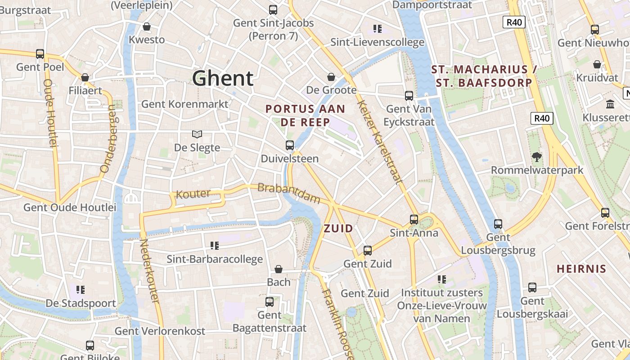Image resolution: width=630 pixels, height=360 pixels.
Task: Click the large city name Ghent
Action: pos(223,78)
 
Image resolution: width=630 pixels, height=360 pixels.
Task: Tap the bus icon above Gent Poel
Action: pos(40,54)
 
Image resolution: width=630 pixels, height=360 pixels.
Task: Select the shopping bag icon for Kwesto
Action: pos(146,27)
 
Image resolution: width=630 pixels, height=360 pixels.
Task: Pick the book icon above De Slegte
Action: pos(197,134)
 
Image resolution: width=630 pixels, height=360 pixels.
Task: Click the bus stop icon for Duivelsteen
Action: pos(290,145)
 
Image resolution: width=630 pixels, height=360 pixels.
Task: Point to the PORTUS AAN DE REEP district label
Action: pos(305,115)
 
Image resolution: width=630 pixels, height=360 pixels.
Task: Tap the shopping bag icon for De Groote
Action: pos(331,77)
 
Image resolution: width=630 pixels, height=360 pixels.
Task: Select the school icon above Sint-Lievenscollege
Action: pos(378,29)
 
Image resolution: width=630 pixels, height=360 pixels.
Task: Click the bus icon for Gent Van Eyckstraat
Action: pos(409,95)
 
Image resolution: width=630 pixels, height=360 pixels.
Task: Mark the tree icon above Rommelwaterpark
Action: pos(536,157)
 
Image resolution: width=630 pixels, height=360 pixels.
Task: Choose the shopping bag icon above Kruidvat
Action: pos(597,64)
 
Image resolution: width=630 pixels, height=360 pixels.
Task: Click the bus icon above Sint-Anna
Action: pos(414,220)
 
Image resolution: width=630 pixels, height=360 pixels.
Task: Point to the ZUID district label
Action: pos(338,229)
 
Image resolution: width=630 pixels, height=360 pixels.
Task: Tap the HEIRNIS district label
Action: pos(581,269)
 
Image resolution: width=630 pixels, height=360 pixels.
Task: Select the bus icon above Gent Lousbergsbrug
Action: pos(498,224)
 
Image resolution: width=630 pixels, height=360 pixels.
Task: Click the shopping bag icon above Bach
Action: pos(279,269)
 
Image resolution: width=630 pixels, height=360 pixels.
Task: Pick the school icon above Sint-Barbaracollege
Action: pos(215,246)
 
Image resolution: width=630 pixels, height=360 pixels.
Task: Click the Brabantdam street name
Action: pos(288,193)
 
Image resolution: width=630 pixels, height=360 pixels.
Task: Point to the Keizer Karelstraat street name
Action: pos(379,142)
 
